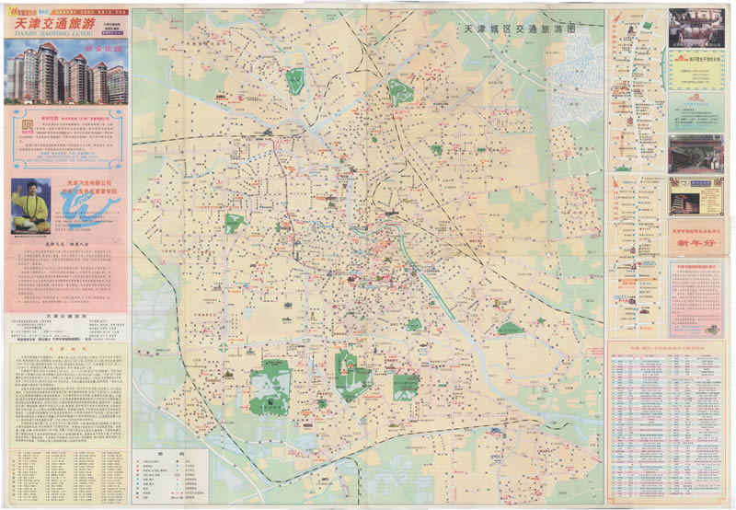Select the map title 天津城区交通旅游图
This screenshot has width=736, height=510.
point(521,29)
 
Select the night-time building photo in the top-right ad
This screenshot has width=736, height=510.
point(696,28)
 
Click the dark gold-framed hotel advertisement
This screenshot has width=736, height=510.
point(696,196)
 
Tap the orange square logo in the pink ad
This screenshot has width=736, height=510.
point(28,126)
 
